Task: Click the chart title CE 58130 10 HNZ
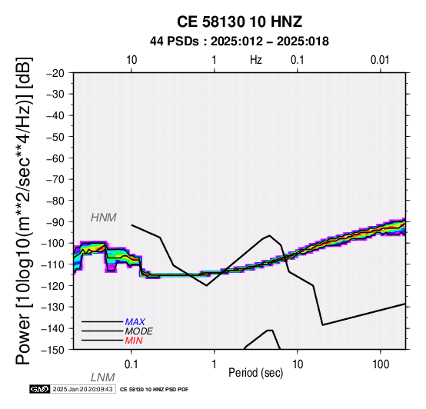tap(239, 22)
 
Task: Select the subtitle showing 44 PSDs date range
tap(239, 42)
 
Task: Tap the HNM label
tap(104, 218)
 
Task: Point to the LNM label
tap(103, 377)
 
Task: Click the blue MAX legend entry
tap(135, 322)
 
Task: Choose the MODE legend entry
tap(139, 331)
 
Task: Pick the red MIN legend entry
tap(134, 341)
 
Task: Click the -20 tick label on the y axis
tap(55, 73)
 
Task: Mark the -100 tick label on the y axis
tap(52, 243)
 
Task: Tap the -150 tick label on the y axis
tap(52, 350)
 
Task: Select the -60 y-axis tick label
tap(55, 158)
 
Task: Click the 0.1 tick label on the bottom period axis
tap(131, 364)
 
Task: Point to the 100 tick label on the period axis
tap(381, 364)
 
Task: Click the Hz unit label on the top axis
tap(255, 60)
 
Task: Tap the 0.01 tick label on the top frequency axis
tap(380, 60)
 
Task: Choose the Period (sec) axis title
tap(255, 373)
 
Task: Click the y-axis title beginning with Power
tap(24, 211)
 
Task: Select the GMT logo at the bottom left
tap(40, 389)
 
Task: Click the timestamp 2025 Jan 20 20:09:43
tap(82, 389)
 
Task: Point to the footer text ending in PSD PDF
tap(154, 390)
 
